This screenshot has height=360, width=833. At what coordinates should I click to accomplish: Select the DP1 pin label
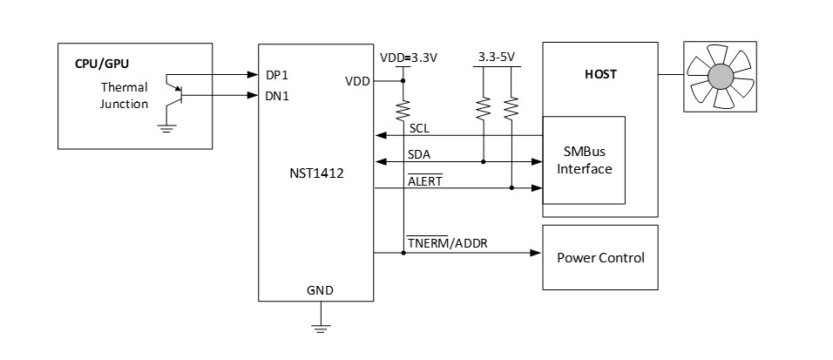click(x=278, y=75)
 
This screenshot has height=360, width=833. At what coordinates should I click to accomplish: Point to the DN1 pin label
click(x=278, y=96)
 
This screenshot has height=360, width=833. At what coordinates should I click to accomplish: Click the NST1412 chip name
click(x=318, y=174)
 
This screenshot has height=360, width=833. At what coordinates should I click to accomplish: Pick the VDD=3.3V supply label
click(x=408, y=58)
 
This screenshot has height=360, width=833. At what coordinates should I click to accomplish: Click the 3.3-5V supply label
click(x=497, y=58)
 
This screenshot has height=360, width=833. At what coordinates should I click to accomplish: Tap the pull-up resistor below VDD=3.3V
click(x=403, y=110)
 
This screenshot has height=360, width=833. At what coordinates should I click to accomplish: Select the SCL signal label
click(x=418, y=128)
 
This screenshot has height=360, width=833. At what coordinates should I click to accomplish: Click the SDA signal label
click(x=419, y=154)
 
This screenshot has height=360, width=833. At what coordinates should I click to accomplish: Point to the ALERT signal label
click(x=424, y=180)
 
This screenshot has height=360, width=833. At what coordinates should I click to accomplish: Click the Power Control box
click(x=600, y=258)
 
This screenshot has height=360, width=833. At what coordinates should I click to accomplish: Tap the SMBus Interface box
click(x=583, y=161)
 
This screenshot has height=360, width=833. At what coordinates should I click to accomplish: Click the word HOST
click(x=599, y=75)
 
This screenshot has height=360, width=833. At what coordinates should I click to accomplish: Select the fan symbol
click(x=720, y=78)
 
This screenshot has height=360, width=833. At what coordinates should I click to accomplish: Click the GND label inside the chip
click(x=320, y=289)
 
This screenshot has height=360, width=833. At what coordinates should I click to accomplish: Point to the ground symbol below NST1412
click(x=320, y=328)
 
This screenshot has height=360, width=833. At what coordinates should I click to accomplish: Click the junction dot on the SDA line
click(x=482, y=161)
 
